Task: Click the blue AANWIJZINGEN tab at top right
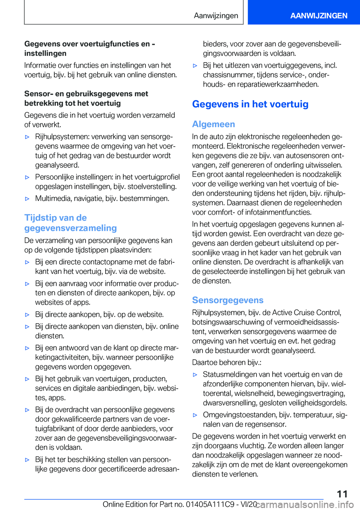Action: pos(318,15)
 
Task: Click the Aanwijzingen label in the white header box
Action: pos(216,15)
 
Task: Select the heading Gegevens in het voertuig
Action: pos(250,104)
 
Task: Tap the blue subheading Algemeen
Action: pos(213,124)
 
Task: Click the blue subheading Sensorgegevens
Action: pos(228,300)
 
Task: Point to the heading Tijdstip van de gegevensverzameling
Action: pos(70,223)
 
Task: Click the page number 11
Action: pos(342,494)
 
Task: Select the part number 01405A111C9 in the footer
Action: pos(210,504)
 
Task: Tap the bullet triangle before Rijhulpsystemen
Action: pos(27,137)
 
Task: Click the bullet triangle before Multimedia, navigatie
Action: pos(27,198)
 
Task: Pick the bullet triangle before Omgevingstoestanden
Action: pos(195,415)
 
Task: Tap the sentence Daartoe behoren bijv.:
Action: pos(226,362)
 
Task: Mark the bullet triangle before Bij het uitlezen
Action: pos(195,66)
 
